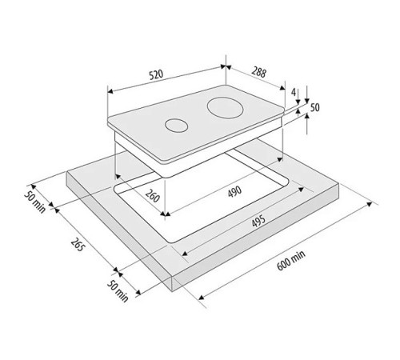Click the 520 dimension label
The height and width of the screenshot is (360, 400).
[x=156, y=74]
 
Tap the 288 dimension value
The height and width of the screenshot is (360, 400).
[x=259, y=72]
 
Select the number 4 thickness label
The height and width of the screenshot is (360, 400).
[x=294, y=92]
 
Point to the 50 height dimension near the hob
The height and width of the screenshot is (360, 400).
[x=314, y=107]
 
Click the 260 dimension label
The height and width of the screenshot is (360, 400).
[x=152, y=196]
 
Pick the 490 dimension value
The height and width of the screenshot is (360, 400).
[x=235, y=191]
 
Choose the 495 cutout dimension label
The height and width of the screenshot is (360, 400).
[x=258, y=221]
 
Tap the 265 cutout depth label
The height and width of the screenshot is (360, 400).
[x=78, y=244]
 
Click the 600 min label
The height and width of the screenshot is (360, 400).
[x=290, y=261]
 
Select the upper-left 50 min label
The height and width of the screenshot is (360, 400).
[x=35, y=202]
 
